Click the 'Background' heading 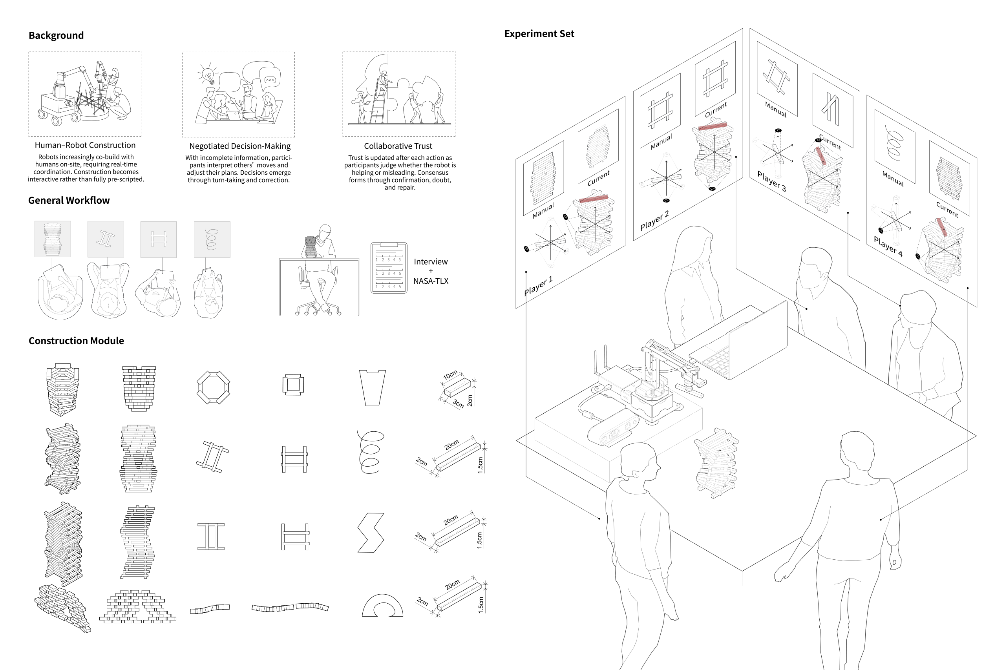tap(56, 35)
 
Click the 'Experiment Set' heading tap(539, 34)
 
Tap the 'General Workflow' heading tap(69, 201)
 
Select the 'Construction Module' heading tap(76, 341)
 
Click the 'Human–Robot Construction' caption tap(85, 145)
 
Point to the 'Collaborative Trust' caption tap(398, 146)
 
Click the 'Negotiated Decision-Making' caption tap(240, 146)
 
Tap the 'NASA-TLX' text tap(430, 281)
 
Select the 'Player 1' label tap(538, 285)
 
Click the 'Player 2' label tap(654, 221)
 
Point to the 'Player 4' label tap(888, 246)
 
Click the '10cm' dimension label tap(450, 375)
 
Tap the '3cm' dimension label tap(458, 403)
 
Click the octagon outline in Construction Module tap(213, 387)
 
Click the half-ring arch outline tap(382, 606)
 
